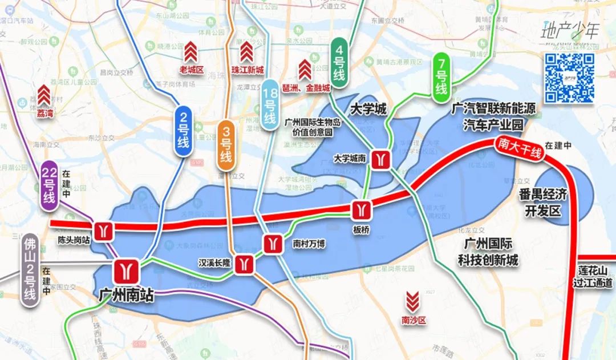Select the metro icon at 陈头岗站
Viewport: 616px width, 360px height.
pyautogui.click(x=103, y=229)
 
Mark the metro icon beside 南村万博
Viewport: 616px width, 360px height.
pyautogui.click(x=272, y=244)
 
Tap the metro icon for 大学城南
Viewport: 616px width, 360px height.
pyautogui.click(x=380, y=159)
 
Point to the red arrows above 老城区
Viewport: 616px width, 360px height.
pyautogui.click(x=191, y=52)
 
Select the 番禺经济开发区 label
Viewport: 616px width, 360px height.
pyautogui.click(x=542, y=203)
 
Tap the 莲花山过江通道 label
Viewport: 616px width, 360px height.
pyautogui.click(x=594, y=276)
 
